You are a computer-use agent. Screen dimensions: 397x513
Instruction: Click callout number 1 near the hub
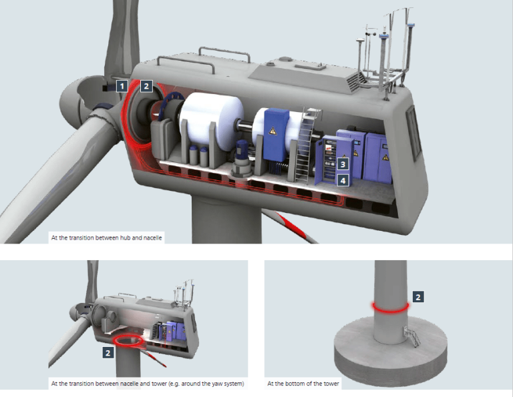click(x=122, y=85)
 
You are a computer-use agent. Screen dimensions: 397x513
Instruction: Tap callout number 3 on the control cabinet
click(x=343, y=163)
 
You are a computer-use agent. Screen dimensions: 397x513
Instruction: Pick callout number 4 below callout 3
click(x=343, y=180)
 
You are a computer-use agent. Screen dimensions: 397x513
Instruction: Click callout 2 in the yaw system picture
click(x=107, y=352)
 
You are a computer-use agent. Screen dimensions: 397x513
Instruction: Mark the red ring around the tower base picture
click(x=391, y=307)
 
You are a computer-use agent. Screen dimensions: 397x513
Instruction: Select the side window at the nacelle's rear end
click(x=412, y=129)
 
